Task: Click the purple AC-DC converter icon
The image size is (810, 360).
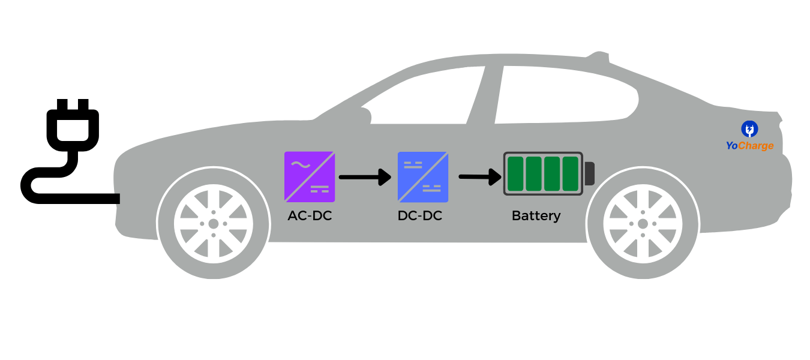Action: coord(310,176)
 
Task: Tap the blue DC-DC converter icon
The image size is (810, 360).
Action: coord(422,176)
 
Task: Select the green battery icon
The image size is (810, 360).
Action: coord(543,173)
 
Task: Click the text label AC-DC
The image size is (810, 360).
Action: coord(310,216)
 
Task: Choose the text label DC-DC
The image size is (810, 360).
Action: coord(420,216)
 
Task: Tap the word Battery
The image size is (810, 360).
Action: coord(536,216)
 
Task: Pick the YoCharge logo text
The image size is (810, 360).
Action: coord(749,146)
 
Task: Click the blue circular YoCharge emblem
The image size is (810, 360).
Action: coord(749,128)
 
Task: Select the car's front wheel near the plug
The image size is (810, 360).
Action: coord(213,224)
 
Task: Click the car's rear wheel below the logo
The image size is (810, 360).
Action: coord(643,224)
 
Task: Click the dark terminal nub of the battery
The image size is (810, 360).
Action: coord(589,173)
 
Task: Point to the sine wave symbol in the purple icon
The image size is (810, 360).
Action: coord(298,164)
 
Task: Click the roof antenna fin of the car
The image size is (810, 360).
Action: coord(599,56)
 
